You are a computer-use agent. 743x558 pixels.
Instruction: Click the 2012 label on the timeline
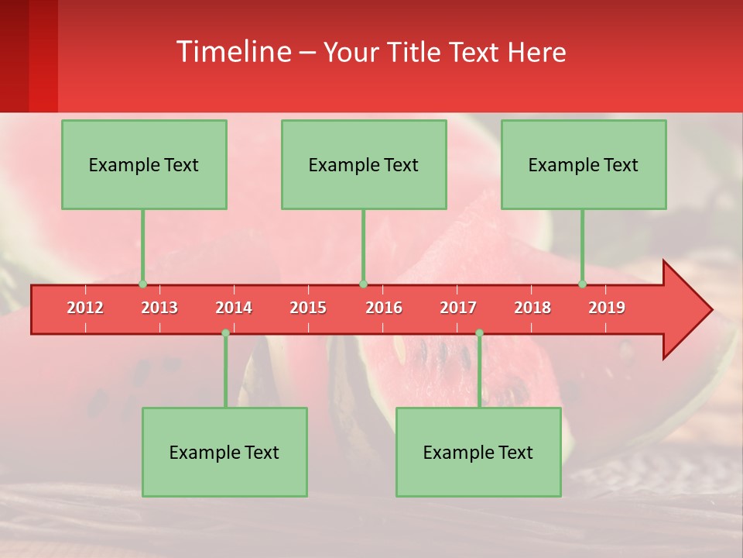coord(85,308)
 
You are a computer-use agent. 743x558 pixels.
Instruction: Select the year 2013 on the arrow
coord(159,308)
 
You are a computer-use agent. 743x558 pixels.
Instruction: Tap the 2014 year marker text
coord(234,308)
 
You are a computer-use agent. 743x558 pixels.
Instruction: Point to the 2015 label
coord(308,308)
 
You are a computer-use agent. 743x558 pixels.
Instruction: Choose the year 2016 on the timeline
coord(384,308)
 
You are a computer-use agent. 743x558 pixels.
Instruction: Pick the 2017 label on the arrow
coord(458,308)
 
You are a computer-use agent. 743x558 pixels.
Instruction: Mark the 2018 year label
coord(532,308)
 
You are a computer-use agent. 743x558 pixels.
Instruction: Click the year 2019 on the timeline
coord(607,308)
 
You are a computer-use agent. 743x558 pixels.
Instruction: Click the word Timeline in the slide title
coord(232,52)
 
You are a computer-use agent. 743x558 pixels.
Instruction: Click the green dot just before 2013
coord(142,284)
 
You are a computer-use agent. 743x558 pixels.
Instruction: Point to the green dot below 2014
coord(225,333)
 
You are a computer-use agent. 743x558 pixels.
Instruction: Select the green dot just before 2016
coord(363,284)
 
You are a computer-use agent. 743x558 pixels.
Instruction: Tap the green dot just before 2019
coord(582,284)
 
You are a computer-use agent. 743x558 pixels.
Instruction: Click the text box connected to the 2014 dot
coord(224,452)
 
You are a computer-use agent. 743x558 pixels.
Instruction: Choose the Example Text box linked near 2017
coord(478,452)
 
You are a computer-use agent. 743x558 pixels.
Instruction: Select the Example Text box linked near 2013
coord(144,164)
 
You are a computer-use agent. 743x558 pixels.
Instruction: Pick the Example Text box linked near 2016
coord(364,164)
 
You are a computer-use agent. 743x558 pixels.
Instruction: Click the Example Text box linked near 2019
coord(584,164)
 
